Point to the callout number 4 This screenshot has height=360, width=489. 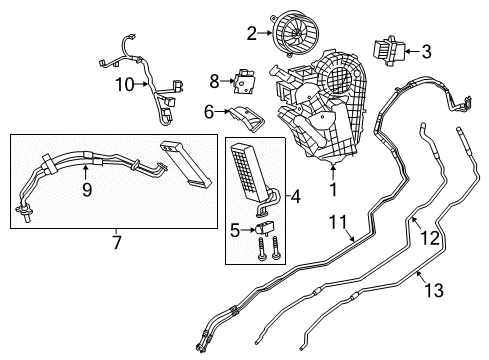click(x=295, y=197)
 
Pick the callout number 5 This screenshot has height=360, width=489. click(x=236, y=228)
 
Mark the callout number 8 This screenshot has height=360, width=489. click(x=214, y=79)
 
